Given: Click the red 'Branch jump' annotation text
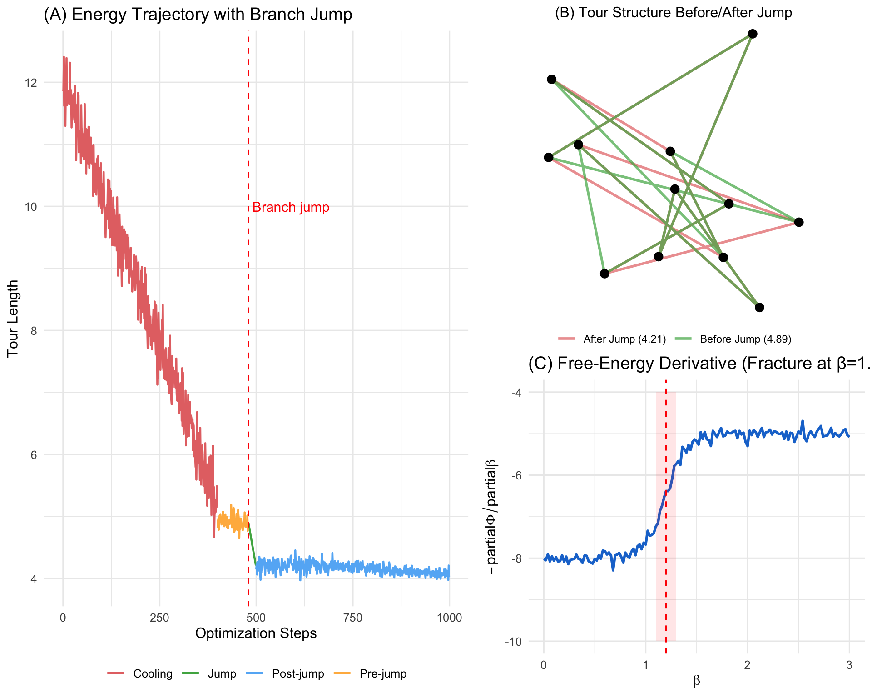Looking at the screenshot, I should (291, 208).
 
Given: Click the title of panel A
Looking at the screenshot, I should (198, 15).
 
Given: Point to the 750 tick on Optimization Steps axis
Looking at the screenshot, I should (353, 618).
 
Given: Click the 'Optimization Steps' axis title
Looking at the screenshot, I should (256, 633).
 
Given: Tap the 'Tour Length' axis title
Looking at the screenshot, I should (13, 318).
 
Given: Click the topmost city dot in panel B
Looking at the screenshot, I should (753, 34).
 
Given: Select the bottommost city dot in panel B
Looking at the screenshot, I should (759, 308).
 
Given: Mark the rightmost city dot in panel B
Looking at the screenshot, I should (799, 222).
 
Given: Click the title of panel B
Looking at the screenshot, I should (674, 12).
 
